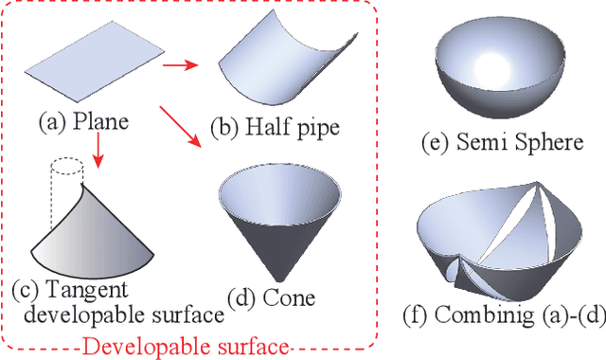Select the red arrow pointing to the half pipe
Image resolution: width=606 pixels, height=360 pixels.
(x=181, y=67)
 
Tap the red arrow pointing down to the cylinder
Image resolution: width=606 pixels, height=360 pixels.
(x=98, y=149)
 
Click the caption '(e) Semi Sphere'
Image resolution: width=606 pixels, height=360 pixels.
(x=502, y=144)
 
